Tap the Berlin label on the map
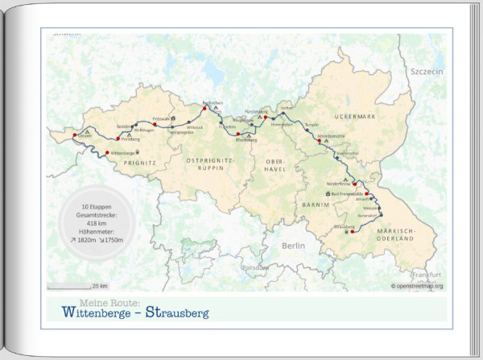pos(288,244)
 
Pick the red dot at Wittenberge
pos(108,152)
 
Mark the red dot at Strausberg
pos(352,232)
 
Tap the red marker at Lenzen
pos(75,134)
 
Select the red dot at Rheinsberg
pos(238,134)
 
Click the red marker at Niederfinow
pos(354,185)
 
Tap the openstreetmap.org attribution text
pos(417,285)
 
